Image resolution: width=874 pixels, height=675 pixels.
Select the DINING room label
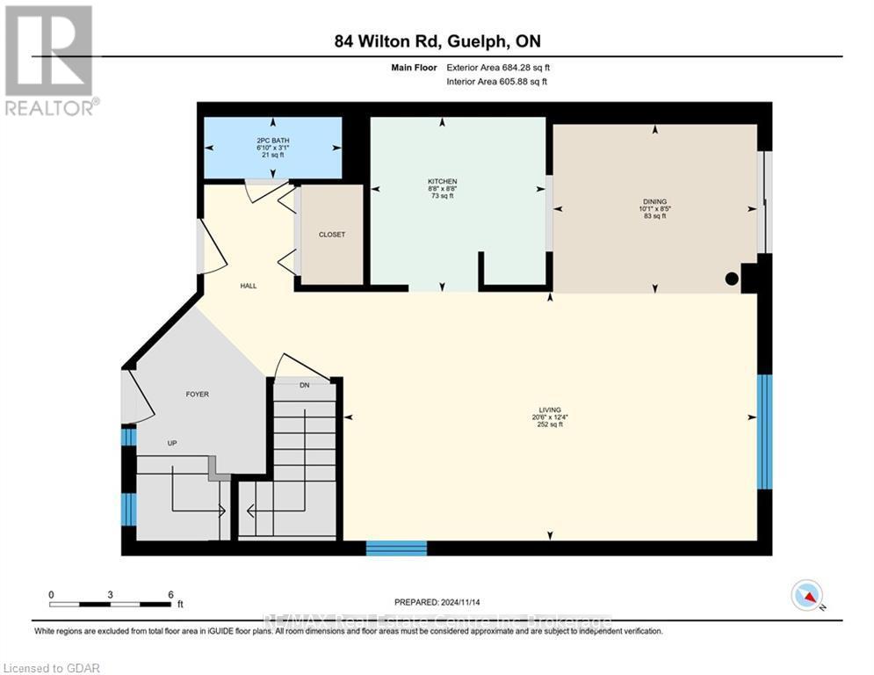click(654, 202)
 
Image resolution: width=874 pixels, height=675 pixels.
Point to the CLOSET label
click(332, 235)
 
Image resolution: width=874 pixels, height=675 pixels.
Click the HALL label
click(249, 286)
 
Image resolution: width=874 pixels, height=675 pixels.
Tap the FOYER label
click(197, 395)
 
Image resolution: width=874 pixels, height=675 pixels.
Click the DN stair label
click(304, 385)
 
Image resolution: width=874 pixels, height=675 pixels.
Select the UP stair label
click(172, 443)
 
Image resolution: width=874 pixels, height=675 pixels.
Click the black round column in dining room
click(731, 279)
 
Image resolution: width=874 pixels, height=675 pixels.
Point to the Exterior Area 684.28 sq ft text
click(498, 67)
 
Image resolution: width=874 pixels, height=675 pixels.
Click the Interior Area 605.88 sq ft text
click(498, 82)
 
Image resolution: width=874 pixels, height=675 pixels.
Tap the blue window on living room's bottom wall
click(396, 548)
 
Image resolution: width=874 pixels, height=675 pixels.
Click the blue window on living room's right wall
click(764, 432)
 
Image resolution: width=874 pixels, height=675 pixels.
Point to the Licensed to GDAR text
click(51, 668)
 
